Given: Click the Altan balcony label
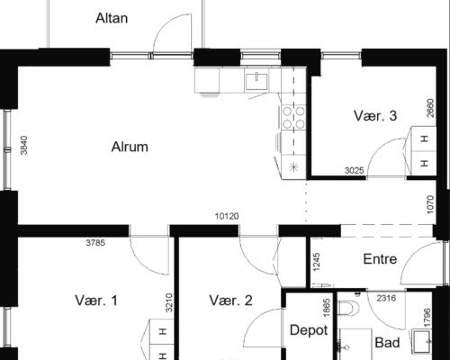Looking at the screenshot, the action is (x=112, y=18).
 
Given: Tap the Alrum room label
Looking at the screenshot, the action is (x=130, y=147).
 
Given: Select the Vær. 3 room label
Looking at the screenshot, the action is (x=375, y=116).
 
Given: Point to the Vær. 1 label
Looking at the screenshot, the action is (x=96, y=301).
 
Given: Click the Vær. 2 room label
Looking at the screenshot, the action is (x=230, y=301).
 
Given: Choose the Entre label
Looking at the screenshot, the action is (x=380, y=259).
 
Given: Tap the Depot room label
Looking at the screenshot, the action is (x=309, y=330).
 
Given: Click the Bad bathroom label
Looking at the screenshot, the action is (x=387, y=343).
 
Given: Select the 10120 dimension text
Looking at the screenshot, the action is (x=227, y=216).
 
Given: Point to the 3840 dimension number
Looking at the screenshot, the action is (x=24, y=146).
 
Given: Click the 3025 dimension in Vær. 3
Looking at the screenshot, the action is (x=355, y=171).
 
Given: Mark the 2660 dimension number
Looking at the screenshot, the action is (x=430, y=108).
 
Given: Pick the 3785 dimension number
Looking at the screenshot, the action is (x=95, y=243).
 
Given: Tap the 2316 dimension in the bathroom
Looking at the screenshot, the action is (x=386, y=298).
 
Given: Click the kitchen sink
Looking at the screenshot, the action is (x=256, y=81).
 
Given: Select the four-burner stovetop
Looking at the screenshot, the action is (x=293, y=118).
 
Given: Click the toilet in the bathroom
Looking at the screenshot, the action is (x=348, y=308).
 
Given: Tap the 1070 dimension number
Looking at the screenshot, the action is (x=430, y=205).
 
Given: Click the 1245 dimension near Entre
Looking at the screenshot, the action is (x=316, y=262).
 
